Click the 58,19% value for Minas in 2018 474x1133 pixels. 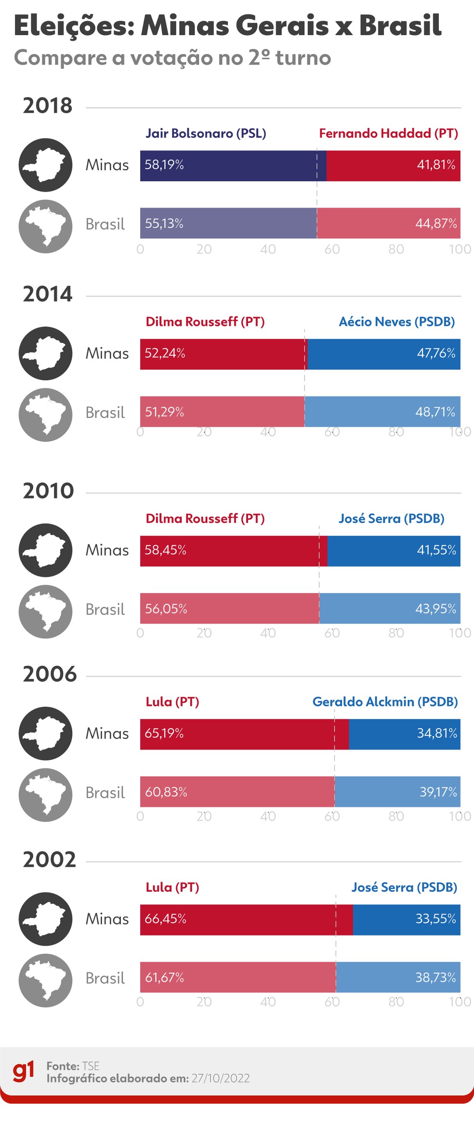click(164, 165)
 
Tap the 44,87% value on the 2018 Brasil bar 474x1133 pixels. click(436, 223)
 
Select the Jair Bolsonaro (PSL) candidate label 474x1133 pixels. click(206, 133)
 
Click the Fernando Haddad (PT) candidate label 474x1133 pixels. click(388, 133)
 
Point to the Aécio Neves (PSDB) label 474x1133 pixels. click(396, 322)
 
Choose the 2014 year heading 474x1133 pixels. click(48, 294)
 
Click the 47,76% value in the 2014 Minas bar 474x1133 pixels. click(436, 353)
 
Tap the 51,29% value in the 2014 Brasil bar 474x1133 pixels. click(165, 412)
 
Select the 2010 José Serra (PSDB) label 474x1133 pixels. click(391, 519)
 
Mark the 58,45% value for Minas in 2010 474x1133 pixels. click(165, 550)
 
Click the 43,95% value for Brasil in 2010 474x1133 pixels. click(435, 609)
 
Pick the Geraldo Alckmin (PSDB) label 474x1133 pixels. click(385, 702)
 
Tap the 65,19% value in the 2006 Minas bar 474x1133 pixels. click(164, 733)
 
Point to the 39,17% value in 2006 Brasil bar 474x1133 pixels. click(438, 792)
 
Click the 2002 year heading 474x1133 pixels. click(50, 860)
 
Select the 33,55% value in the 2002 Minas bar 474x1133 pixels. click(435, 919)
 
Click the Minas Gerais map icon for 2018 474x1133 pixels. click(45, 165)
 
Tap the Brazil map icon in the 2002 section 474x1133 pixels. click(45, 980)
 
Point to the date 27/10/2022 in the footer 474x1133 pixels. click(221, 1079)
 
